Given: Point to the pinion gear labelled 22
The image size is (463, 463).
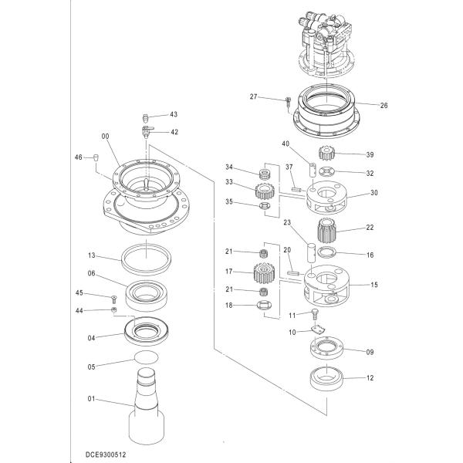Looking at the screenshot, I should (x=329, y=229).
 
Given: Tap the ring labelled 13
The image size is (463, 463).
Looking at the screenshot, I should (x=146, y=256).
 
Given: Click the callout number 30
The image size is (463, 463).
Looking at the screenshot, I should (x=374, y=193).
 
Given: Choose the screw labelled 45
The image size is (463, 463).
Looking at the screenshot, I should (x=113, y=297).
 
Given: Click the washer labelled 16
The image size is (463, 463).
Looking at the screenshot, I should (x=326, y=253).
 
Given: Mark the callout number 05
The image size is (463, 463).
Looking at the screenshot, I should (x=90, y=367).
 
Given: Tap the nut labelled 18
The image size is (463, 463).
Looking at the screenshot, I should (x=264, y=308).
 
